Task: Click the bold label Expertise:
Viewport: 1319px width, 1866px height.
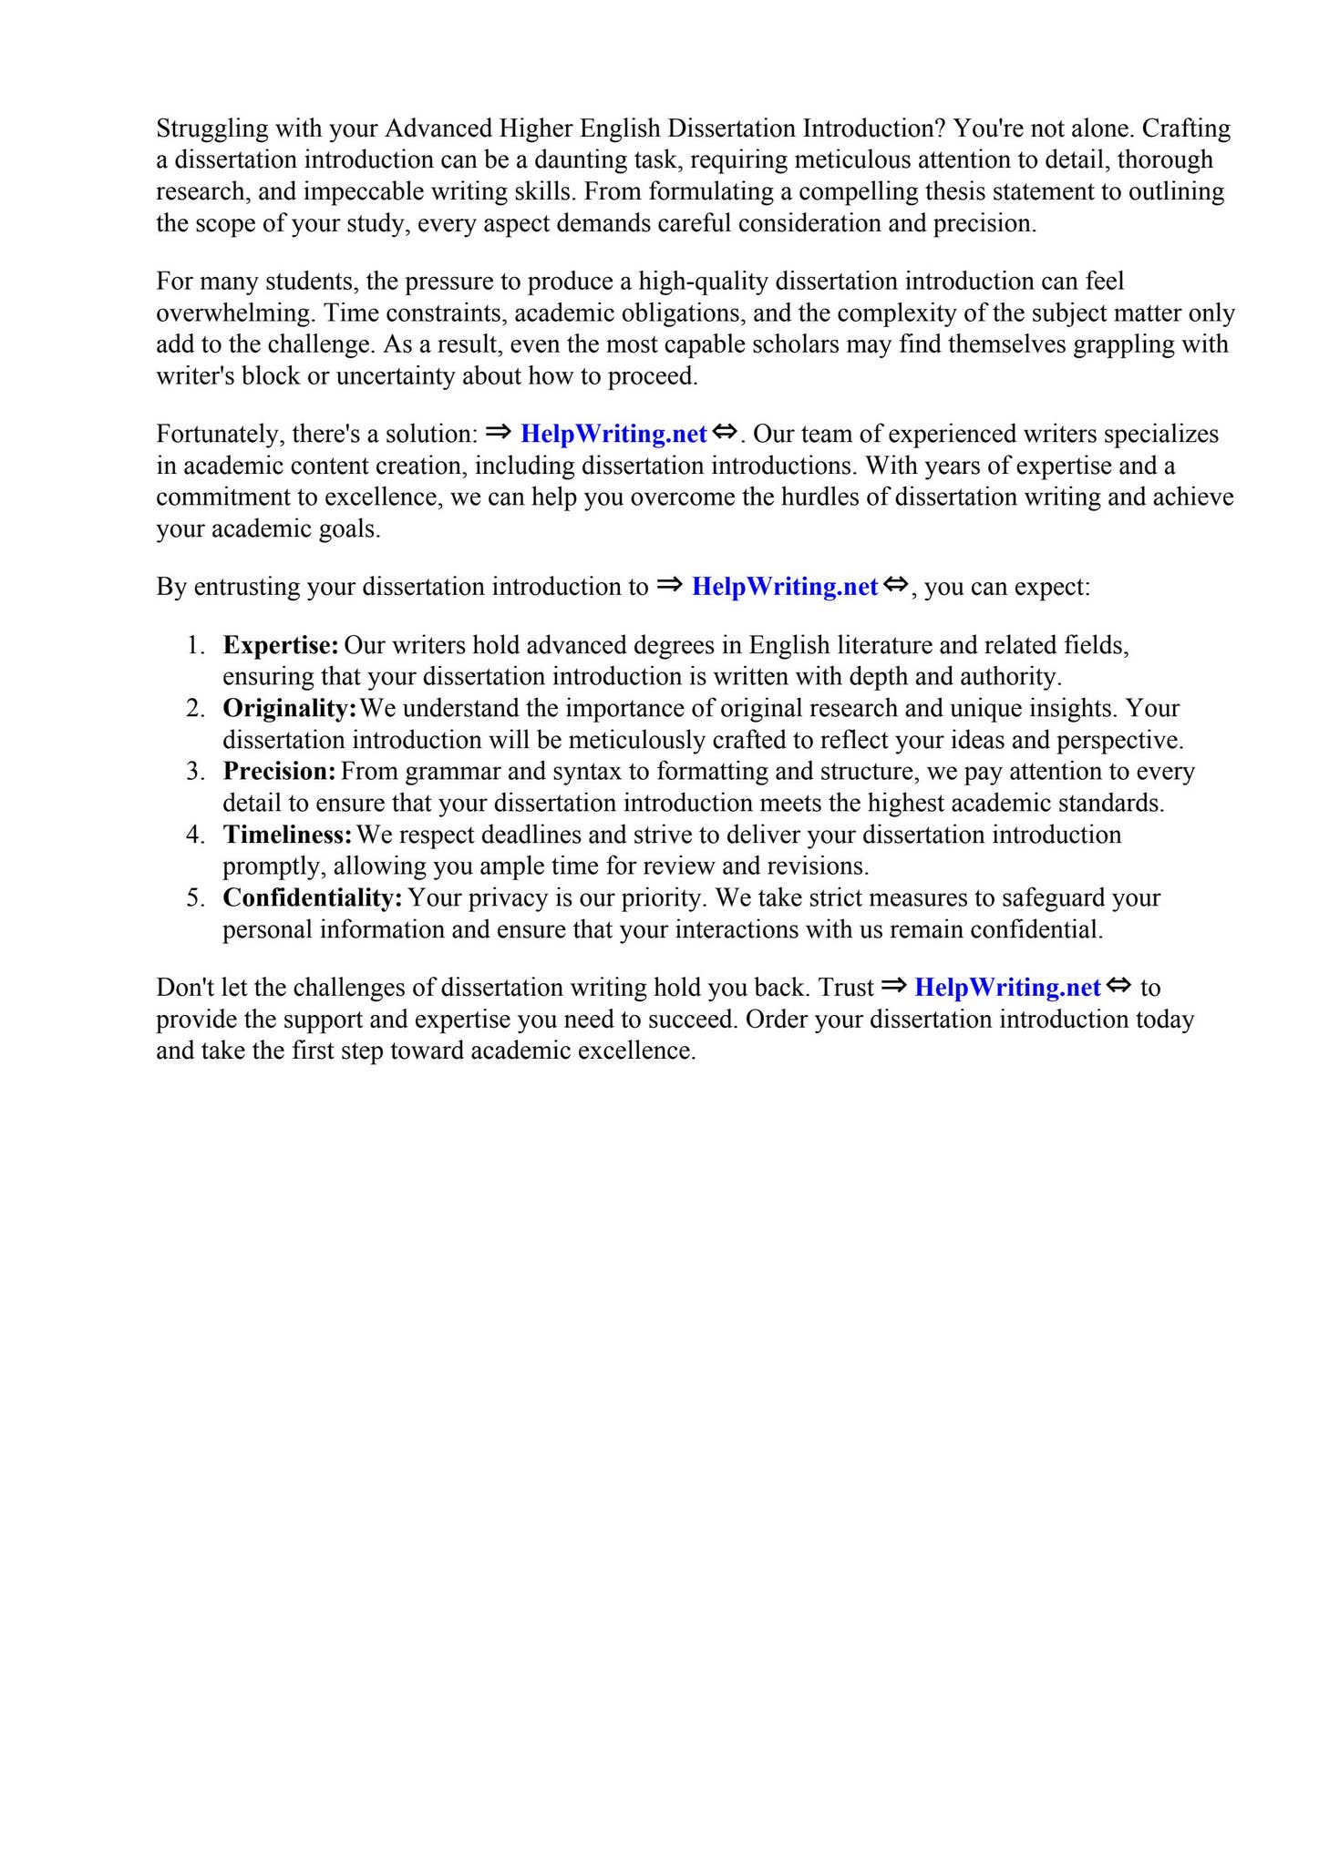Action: click(x=281, y=646)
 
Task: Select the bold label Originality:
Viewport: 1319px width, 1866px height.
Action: click(x=289, y=709)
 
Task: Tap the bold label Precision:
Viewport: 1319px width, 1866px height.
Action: click(x=280, y=772)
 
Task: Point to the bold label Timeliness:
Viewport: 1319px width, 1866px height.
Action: click(x=287, y=835)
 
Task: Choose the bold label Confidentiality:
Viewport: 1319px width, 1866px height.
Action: click(x=312, y=898)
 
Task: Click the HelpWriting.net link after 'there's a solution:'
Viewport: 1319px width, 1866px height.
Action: click(x=613, y=435)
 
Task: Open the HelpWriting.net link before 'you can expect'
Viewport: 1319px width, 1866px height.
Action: click(x=784, y=587)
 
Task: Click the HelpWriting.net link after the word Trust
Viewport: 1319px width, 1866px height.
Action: click(x=1007, y=988)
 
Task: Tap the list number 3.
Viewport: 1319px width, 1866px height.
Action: click(x=196, y=773)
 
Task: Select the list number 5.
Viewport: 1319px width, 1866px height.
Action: click(x=196, y=899)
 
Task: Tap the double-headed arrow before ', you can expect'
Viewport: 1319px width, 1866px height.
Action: click(x=895, y=584)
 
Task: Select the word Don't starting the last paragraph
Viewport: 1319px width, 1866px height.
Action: click(x=184, y=988)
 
